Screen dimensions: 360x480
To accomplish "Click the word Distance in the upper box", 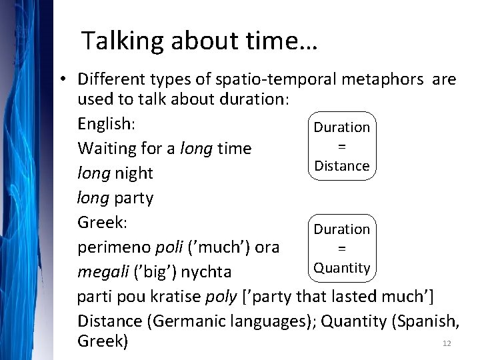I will (x=342, y=165).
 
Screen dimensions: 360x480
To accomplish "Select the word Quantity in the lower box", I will (x=342, y=268).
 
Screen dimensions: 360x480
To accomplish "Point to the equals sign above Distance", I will (x=341, y=146).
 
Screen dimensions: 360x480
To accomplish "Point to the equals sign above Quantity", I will (x=341, y=248).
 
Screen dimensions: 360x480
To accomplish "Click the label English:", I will (x=107, y=123).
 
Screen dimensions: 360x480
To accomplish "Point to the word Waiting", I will (x=106, y=149).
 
